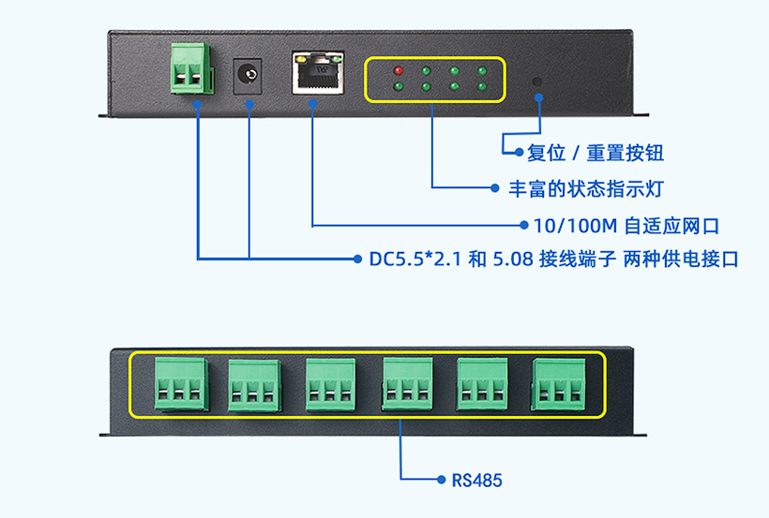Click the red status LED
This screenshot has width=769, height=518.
(398, 70)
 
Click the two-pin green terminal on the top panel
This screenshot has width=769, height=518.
(189, 68)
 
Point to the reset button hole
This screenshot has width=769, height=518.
(538, 81)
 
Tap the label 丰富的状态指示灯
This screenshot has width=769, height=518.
(586, 188)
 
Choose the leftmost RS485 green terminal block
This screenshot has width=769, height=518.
(178, 384)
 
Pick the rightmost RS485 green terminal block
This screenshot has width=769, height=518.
(560, 383)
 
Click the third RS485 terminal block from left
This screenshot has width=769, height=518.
(330, 384)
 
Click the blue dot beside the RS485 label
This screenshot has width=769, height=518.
(443, 481)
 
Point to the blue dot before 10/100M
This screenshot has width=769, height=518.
(523, 226)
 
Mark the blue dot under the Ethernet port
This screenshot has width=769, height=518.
(312, 104)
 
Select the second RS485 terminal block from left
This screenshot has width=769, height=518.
(254, 384)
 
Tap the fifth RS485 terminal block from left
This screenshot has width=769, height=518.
(483, 384)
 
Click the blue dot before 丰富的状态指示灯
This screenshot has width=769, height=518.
(497, 188)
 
